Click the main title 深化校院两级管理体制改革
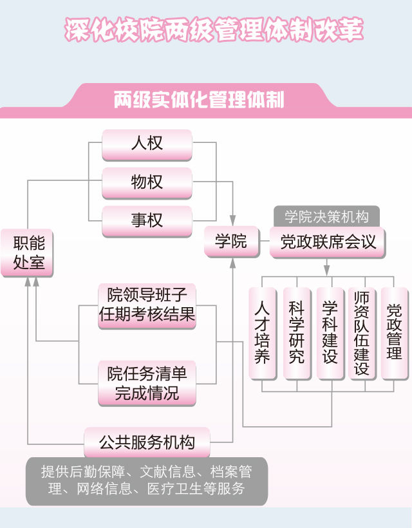214,30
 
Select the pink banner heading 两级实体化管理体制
199,100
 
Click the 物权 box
147,182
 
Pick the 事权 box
147,221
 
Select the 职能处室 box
26,252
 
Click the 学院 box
230,241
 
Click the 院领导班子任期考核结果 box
147,306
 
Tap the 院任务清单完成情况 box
147,382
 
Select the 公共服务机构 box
147,442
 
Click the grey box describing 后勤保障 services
147,480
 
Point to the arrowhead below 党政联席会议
326,268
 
